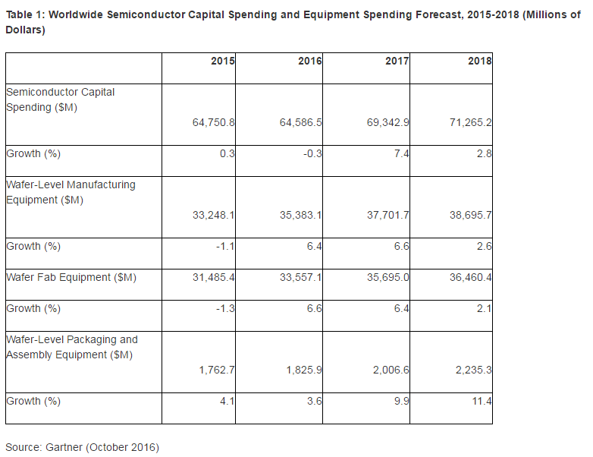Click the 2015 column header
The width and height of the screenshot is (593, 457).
pyautogui.click(x=223, y=61)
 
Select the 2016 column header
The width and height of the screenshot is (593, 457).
pyautogui.click(x=310, y=61)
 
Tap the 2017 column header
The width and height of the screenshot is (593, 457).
pyautogui.click(x=397, y=61)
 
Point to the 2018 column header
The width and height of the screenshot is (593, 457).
pyautogui.click(x=480, y=61)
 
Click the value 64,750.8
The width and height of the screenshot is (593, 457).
pyautogui.click(x=213, y=122)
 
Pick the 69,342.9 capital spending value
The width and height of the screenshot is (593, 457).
pyautogui.click(x=387, y=122)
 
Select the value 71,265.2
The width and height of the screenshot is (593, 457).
pyautogui.click(x=470, y=122)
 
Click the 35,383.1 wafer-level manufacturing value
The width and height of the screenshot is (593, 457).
pyautogui.click(x=300, y=215)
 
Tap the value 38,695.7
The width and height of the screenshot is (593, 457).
pyautogui.click(x=470, y=215)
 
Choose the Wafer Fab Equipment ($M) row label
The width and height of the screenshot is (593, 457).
pyautogui.click(x=71, y=277)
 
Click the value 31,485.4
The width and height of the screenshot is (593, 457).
pyautogui.click(x=213, y=277)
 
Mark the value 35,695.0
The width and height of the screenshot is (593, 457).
pyautogui.click(x=387, y=277)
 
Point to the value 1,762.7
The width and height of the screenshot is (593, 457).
pyautogui.click(x=216, y=370)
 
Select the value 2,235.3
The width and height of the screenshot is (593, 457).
pyautogui.click(x=473, y=370)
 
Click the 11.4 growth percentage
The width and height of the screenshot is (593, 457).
pyautogui.click(x=483, y=401)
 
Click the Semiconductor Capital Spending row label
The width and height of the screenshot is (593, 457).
pyautogui.click(x=61, y=99)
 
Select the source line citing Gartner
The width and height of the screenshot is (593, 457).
pyautogui.click(x=82, y=447)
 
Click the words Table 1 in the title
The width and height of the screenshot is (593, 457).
pyautogui.click(x=25, y=14)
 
